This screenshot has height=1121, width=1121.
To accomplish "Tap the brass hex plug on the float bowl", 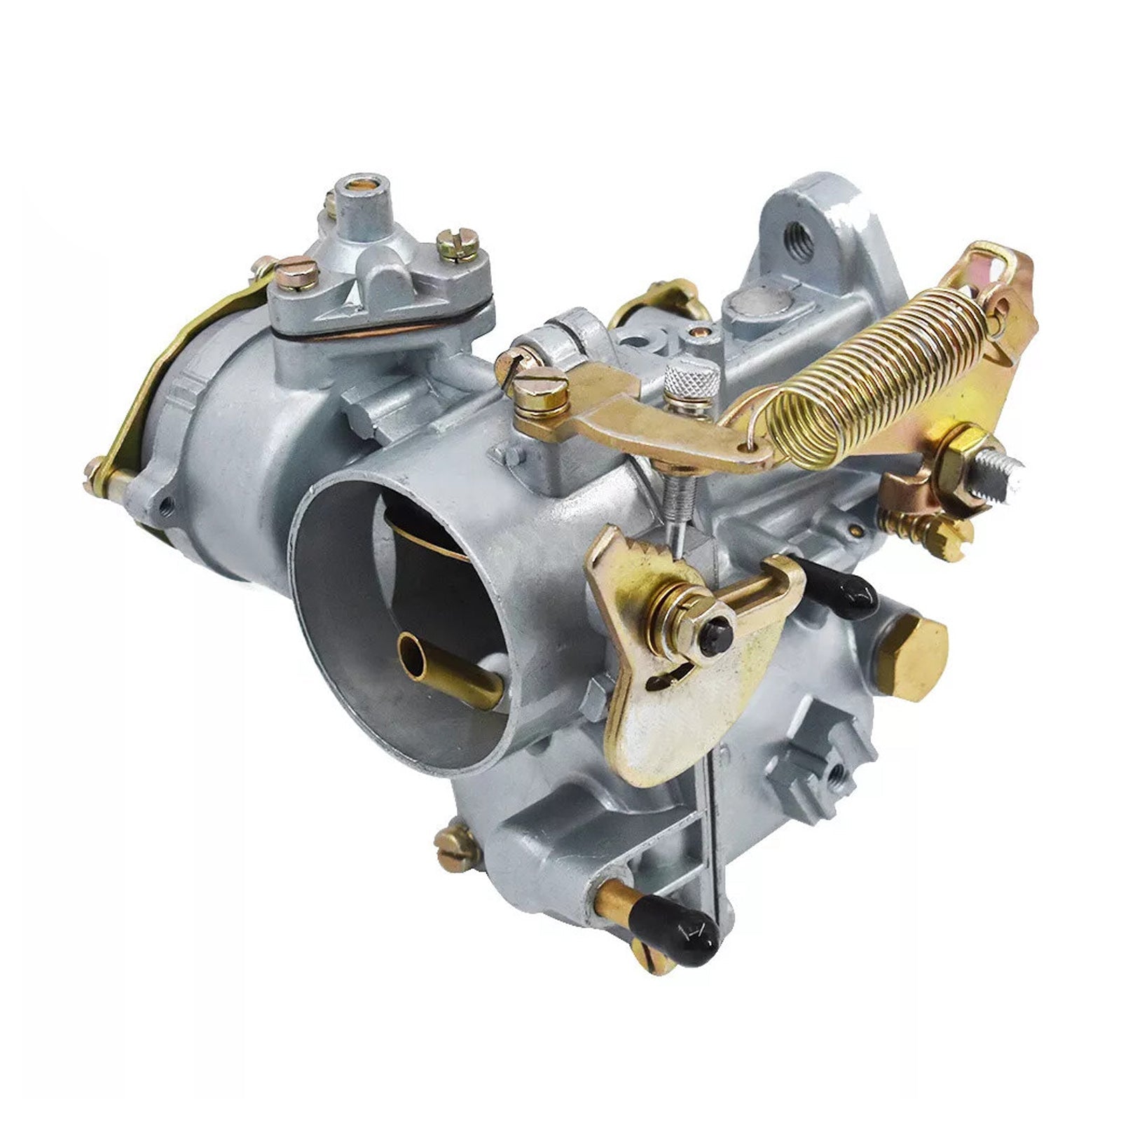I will (x=911, y=655).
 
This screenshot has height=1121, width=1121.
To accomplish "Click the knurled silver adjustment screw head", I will (x=692, y=382).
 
